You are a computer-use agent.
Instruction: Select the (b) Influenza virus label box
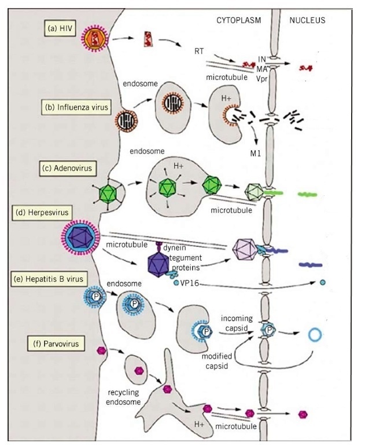[x=76, y=107]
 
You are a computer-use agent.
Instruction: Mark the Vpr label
[x=263, y=76]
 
